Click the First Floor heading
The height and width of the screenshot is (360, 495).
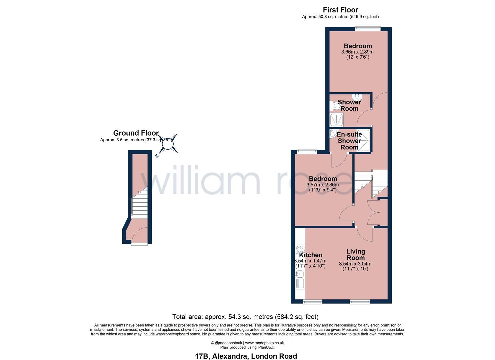(340, 10)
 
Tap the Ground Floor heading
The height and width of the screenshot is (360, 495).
(136, 133)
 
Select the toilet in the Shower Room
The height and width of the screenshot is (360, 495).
(335, 106)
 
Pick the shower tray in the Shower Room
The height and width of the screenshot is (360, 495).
(337, 120)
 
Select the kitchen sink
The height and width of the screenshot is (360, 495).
(299, 274)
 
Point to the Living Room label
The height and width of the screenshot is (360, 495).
(356, 255)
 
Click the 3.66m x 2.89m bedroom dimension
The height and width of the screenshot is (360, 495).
(358, 52)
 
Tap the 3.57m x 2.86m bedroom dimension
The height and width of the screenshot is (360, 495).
(323, 185)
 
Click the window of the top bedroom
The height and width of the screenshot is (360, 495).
(368, 29)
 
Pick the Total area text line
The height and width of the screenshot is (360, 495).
(245, 317)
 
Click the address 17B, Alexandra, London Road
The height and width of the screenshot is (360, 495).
(246, 356)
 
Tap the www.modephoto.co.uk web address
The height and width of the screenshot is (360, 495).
(265, 343)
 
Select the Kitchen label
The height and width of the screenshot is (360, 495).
(311, 255)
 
